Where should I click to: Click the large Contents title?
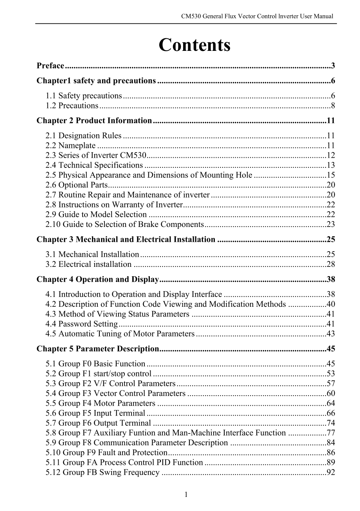click(x=194, y=45)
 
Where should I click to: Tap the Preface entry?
click(x=50, y=65)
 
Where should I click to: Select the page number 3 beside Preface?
click(x=333, y=65)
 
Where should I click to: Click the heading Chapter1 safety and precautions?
click(x=96, y=81)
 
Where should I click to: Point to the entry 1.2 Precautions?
click(x=72, y=106)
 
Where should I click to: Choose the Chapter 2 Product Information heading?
click(x=94, y=121)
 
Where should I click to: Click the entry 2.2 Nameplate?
click(x=70, y=146)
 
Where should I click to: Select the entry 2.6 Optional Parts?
click(x=76, y=185)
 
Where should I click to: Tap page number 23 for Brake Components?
click(x=331, y=225)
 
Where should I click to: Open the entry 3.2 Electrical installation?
click(x=88, y=264)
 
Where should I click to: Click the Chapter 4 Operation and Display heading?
click(x=97, y=279)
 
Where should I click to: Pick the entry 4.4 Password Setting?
click(x=81, y=324)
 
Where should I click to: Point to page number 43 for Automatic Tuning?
click(x=331, y=334)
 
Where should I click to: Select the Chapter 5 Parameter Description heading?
click(x=97, y=349)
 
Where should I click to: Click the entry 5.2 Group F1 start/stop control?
click(x=98, y=374)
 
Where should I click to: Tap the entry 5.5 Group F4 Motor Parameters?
click(x=100, y=403)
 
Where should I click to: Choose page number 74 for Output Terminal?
click(x=331, y=423)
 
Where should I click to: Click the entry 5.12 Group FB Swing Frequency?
click(x=103, y=473)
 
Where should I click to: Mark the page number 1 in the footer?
click(x=186, y=495)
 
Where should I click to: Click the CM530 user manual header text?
click(x=257, y=16)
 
